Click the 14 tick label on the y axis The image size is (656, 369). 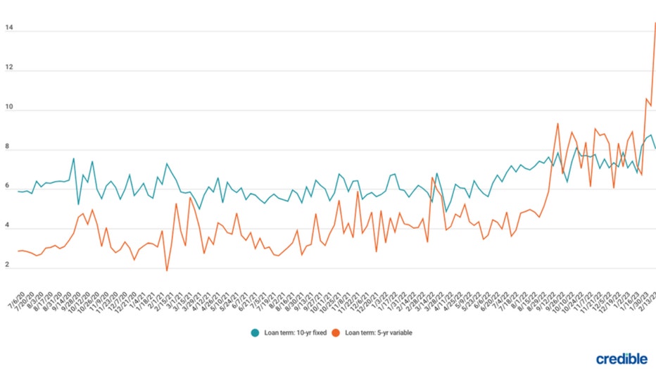8,30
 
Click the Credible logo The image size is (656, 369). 622,358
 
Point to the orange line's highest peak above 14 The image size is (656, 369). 655,23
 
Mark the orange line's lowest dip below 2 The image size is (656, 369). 167,270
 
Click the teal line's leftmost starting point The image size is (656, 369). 18,191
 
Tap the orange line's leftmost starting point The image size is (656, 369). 18,251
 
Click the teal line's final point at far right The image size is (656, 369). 655,148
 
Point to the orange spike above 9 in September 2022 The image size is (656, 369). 557,124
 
